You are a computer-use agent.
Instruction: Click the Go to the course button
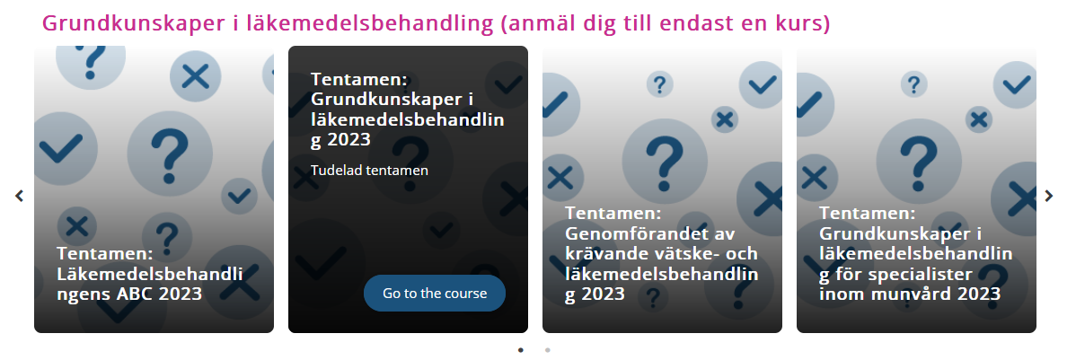tap(435, 294)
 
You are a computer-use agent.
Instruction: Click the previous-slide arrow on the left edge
tap(19, 196)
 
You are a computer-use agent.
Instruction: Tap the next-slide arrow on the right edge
tap(1048, 196)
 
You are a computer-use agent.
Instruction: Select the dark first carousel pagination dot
tap(521, 350)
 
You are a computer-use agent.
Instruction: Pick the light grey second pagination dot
tap(548, 350)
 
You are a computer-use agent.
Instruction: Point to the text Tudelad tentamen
tap(369, 170)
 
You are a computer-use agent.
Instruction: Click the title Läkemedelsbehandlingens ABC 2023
tap(150, 274)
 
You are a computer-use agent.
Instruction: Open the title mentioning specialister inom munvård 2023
tap(915, 254)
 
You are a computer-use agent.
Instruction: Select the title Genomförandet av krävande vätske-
tap(662, 254)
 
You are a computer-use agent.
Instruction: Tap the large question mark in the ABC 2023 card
tap(170, 153)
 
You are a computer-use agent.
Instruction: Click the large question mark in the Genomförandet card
tap(665, 161)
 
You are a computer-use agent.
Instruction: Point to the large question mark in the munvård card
tap(918, 161)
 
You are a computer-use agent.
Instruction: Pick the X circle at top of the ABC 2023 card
tap(196, 76)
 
